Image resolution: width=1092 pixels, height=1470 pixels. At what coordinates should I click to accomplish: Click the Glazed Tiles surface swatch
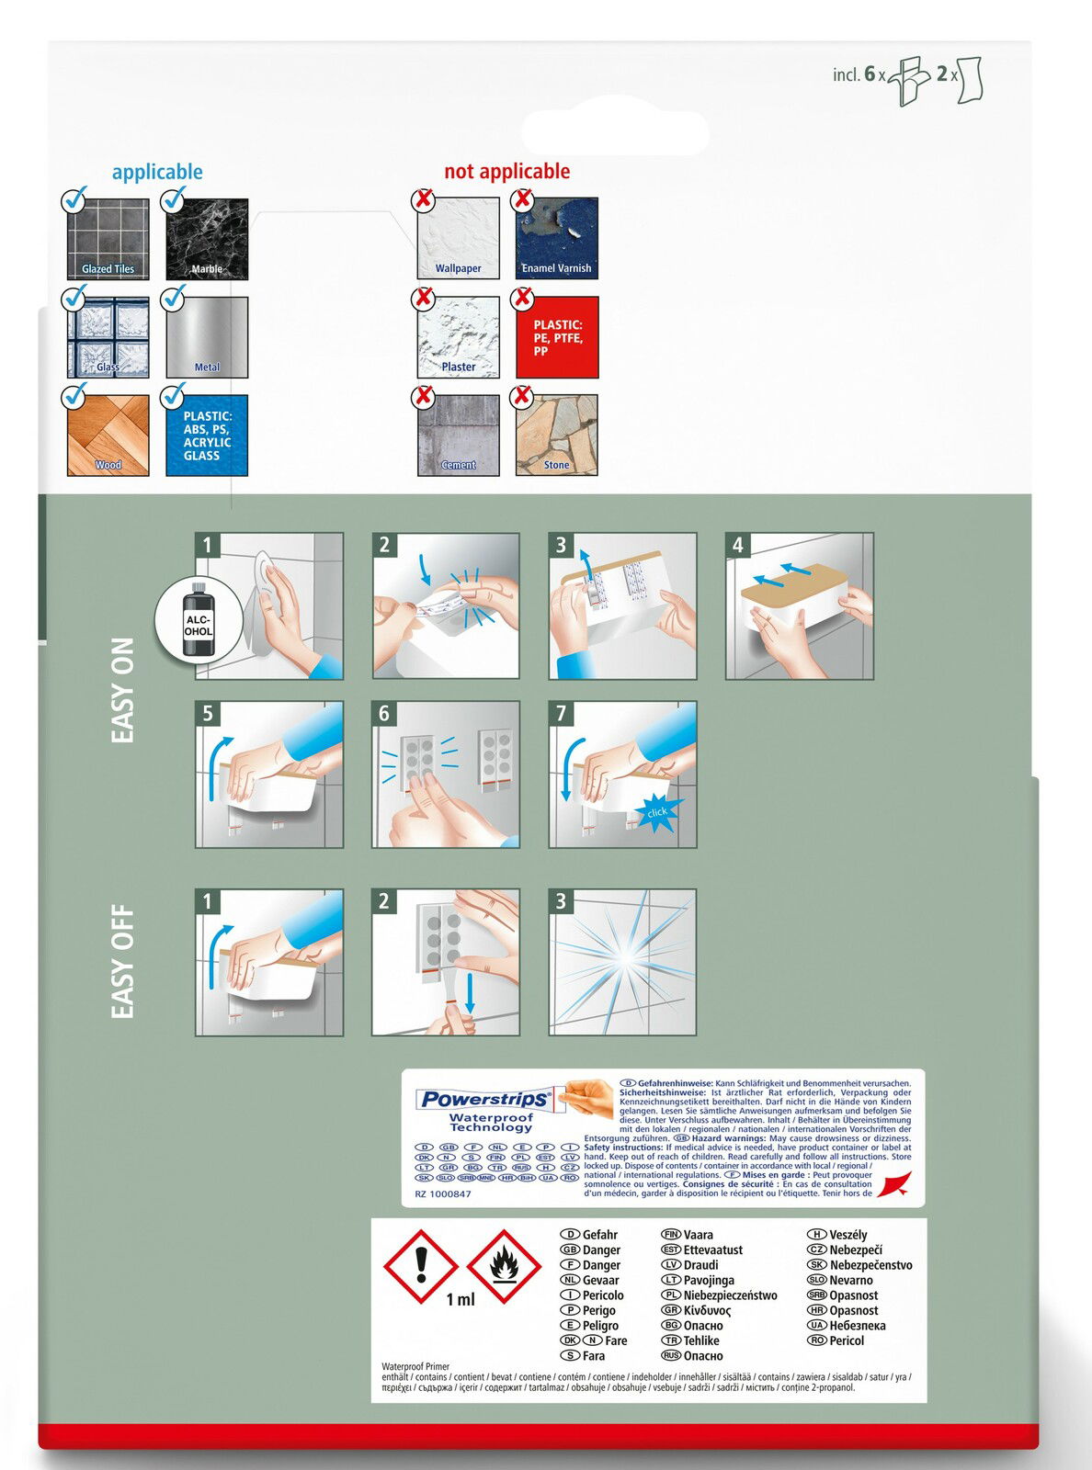[108, 239]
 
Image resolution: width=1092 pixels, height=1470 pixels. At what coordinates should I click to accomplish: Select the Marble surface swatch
[207, 239]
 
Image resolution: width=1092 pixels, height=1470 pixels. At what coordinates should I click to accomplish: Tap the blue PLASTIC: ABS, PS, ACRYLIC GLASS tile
[207, 435]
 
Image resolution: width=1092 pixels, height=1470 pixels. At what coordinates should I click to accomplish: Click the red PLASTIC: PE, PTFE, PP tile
[557, 337]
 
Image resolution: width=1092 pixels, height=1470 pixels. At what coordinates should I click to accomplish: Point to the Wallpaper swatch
[458, 239]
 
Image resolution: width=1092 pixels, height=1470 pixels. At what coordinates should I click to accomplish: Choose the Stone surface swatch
[557, 435]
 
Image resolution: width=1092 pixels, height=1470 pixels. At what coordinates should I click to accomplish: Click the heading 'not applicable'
[506, 171]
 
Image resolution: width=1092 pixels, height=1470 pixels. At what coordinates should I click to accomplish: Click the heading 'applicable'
[157, 172]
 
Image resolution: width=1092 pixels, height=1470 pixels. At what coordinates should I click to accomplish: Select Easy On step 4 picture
[799, 606]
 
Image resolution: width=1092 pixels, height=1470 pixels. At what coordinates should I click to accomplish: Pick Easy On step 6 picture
[446, 775]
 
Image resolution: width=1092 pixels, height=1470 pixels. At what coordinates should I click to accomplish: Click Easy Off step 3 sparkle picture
[622, 962]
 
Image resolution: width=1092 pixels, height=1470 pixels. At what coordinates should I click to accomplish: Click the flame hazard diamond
[503, 1267]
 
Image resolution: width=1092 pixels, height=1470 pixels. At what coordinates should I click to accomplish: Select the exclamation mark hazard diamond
[421, 1267]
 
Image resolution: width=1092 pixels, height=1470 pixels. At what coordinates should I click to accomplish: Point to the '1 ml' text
[461, 1299]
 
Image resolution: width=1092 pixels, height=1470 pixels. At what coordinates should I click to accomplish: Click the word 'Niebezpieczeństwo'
[730, 1295]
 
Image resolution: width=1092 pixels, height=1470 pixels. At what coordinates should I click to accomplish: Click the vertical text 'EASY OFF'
[122, 962]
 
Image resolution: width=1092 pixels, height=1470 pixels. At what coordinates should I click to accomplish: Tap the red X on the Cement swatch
[424, 396]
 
